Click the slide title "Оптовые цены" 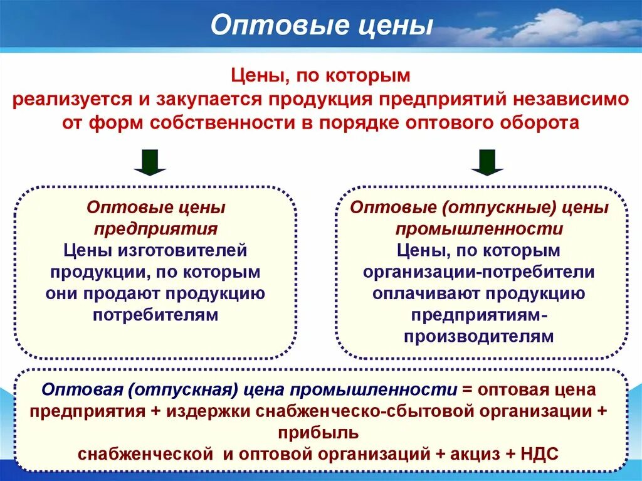(321, 26)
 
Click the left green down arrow (150, 162)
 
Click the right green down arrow (487, 162)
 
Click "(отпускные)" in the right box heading (480, 207)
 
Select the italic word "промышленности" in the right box (479, 229)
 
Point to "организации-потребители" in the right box (479, 272)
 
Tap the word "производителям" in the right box (479, 336)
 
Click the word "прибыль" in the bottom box (320, 433)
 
